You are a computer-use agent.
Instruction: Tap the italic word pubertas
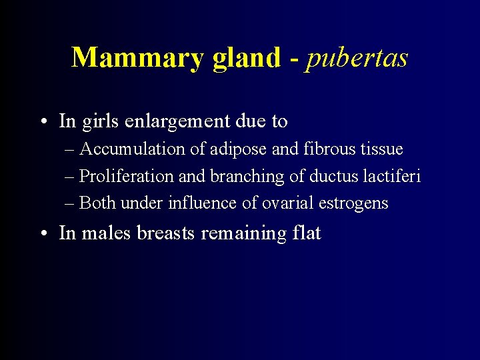[x=357, y=59]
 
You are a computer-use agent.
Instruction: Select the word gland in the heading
[x=247, y=59]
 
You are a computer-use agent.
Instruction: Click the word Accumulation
[x=132, y=149]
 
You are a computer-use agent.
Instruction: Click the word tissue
[x=382, y=149]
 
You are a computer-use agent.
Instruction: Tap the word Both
[x=97, y=203]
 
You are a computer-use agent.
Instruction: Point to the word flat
[x=305, y=233]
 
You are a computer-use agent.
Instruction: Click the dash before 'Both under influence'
[x=71, y=203]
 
